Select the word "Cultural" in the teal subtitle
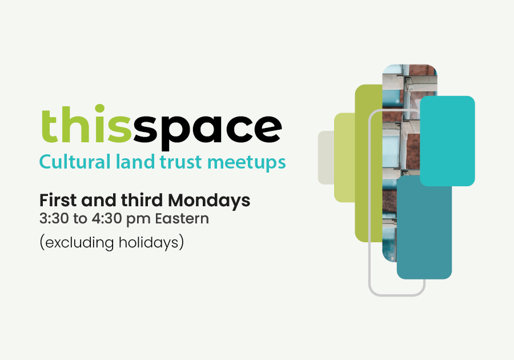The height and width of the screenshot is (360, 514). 75,162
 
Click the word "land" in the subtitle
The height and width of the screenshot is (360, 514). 135,161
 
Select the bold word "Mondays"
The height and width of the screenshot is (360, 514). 209,201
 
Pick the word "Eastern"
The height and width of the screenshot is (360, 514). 182,218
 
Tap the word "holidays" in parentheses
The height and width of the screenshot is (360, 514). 149,243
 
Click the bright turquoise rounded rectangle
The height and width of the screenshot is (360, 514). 447,141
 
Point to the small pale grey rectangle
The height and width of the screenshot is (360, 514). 326,157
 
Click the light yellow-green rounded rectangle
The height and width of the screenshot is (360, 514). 344,157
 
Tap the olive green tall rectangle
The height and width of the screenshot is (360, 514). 368,163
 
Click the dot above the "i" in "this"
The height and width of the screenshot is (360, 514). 99,109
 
